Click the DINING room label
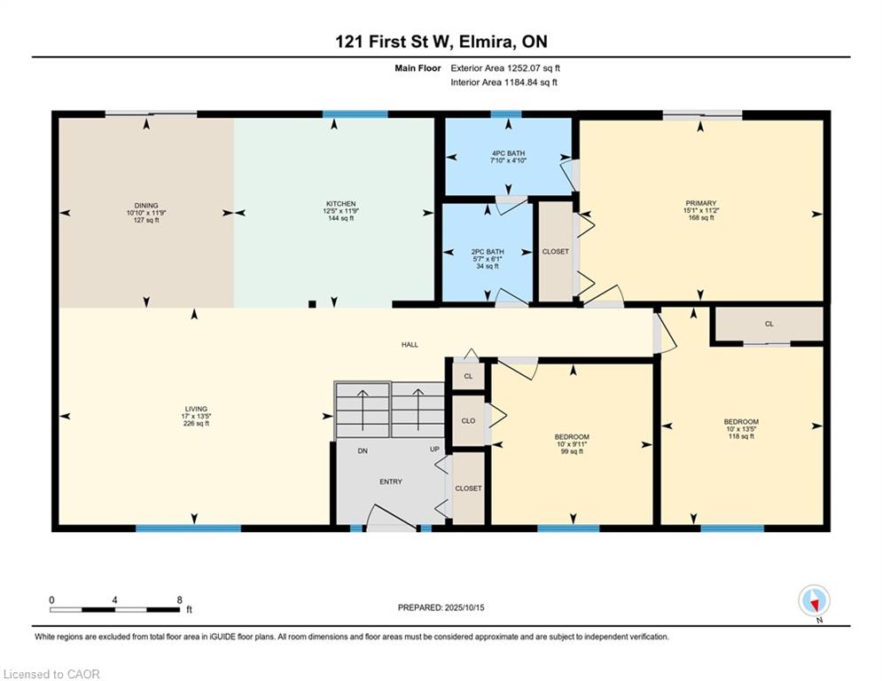tap(146, 206)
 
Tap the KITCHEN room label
tap(341, 204)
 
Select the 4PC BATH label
tap(508, 153)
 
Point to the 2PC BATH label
tap(488, 252)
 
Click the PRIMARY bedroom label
tap(701, 203)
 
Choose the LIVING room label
tap(196, 409)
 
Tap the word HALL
tap(410, 344)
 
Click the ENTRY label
tap(391, 481)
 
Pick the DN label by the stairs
tap(363, 450)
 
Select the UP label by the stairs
tap(435, 449)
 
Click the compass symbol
tap(814, 601)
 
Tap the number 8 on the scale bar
tap(179, 600)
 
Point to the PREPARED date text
tap(441, 607)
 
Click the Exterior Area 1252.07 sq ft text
tap(505, 68)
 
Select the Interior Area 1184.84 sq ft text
tap(504, 82)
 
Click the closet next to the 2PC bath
tap(555, 252)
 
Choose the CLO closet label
tap(468, 421)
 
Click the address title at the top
tap(441, 42)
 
